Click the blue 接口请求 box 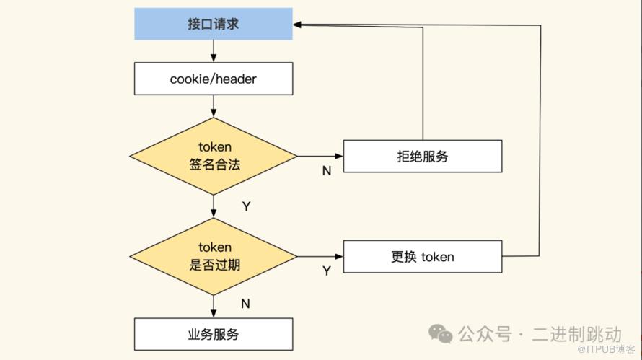[214, 24]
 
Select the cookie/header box [214, 79]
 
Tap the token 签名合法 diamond [214, 156]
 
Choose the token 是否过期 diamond [214, 256]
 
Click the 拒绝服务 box [422, 156]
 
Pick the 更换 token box [422, 256]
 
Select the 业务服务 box [214, 334]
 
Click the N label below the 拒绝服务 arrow [326, 171]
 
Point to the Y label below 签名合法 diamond [246, 206]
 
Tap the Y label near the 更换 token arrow [326, 271]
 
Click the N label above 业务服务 [245, 304]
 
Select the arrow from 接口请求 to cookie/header [214, 51]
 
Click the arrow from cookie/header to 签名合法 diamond [214, 106]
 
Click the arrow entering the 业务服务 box [214, 307]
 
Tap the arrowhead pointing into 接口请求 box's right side [298, 25]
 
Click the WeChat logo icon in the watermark [441, 333]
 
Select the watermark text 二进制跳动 [576, 334]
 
